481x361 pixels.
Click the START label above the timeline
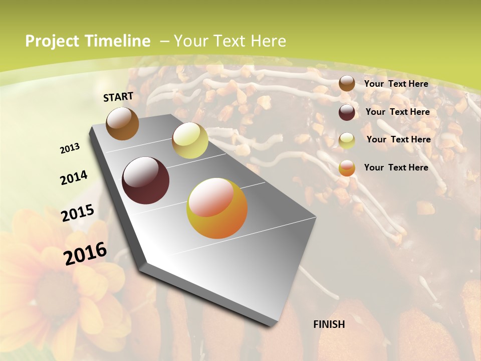(118, 97)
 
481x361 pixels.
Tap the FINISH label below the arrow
(329, 324)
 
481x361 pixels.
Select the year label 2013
(70, 148)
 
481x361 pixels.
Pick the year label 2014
(74, 177)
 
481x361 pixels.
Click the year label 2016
(85, 253)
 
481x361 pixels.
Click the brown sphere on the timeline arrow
(122, 123)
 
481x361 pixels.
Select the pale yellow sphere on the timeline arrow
(190, 140)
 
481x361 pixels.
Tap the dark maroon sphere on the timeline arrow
(145, 180)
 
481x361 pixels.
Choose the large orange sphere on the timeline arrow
(217, 208)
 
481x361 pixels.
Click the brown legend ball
(347, 84)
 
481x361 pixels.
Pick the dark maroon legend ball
(347, 112)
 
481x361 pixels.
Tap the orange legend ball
(347, 168)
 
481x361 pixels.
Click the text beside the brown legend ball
(396, 84)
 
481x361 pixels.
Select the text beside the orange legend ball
(396, 167)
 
